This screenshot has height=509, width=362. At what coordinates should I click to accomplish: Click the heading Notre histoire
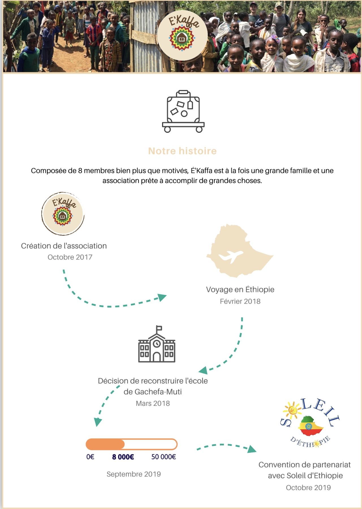point(182,151)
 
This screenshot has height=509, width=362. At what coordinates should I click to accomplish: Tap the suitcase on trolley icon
point(183,112)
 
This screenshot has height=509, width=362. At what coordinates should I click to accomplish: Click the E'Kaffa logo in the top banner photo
point(182,35)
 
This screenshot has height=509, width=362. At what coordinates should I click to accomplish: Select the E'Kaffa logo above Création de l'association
point(63,214)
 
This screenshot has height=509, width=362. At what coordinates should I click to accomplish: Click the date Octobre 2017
point(70,257)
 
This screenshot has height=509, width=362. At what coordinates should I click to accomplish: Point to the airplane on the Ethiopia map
point(230,256)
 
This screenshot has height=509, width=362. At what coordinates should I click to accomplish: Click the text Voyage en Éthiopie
point(240,289)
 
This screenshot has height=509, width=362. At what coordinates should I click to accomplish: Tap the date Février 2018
point(240,301)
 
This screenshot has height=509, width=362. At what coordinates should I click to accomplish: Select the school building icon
point(157,344)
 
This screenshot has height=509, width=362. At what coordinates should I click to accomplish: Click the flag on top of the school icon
point(159,328)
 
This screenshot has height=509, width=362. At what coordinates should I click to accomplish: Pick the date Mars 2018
point(153,403)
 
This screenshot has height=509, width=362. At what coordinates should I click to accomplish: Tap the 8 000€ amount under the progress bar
point(123,457)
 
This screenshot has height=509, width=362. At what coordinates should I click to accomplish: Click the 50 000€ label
point(163,457)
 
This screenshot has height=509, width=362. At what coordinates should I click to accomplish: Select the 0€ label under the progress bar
point(90,457)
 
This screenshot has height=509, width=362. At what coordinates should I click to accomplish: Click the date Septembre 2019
point(133,474)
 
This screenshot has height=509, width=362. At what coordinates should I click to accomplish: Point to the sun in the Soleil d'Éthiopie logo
point(292,409)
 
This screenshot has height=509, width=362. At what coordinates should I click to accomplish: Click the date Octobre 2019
point(308,487)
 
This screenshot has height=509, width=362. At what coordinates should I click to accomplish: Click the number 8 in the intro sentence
point(80,171)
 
